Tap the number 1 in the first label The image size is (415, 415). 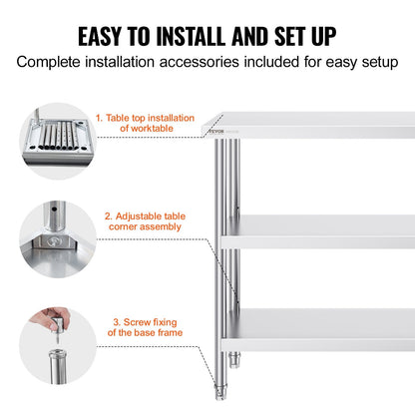[x=99, y=117]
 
